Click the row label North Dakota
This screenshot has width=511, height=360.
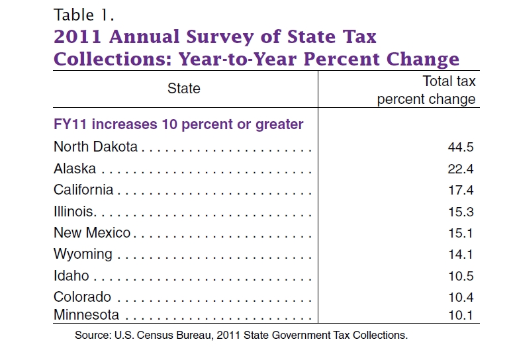[x=95, y=147]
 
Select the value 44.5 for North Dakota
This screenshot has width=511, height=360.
[x=461, y=148]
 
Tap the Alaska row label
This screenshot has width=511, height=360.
[x=75, y=169]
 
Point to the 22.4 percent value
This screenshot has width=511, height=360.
[x=461, y=169]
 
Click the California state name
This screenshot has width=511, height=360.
[x=83, y=190]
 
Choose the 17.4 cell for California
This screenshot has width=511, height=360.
[x=461, y=191]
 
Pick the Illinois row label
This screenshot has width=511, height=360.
[x=74, y=212]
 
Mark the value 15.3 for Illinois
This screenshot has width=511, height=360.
[x=461, y=212]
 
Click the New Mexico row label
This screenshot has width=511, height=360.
[x=92, y=233]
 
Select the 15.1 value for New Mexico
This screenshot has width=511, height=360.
[x=461, y=234]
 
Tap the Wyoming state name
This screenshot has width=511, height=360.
[x=83, y=255]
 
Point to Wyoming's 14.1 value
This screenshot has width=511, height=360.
[x=461, y=255]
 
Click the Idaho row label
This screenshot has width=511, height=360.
[x=71, y=276]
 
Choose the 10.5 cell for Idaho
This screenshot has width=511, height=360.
[x=461, y=277]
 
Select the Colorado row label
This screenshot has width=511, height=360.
[x=82, y=297]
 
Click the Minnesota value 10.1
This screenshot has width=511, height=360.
[x=461, y=315]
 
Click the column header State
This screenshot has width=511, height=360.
[x=184, y=88]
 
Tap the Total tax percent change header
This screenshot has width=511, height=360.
[x=426, y=90]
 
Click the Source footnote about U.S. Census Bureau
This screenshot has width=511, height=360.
[x=241, y=335]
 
